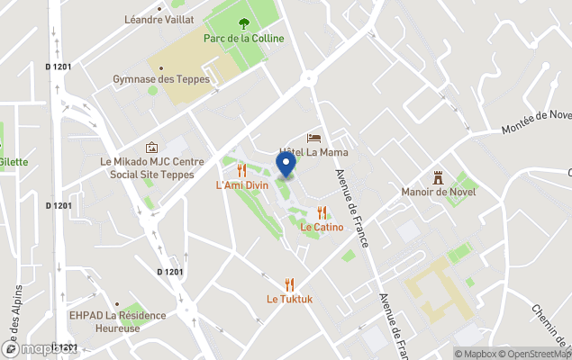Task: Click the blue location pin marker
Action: tap(286, 165)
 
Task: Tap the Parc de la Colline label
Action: tap(243, 39)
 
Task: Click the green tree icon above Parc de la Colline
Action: tap(243, 24)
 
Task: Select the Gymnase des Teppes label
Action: tap(160, 79)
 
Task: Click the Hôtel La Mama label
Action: tap(313, 152)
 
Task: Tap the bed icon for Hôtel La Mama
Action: tap(313, 138)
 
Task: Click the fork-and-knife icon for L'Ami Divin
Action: tap(241, 169)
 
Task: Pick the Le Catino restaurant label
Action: tap(322, 228)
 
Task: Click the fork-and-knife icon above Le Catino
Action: tap(322, 212)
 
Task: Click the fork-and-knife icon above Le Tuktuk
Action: tap(288, 283)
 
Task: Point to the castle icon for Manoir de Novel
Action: tap(439, 176)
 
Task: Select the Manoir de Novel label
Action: tap(439, 192)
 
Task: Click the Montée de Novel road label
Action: tap(538, 123)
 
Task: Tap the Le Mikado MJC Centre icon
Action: tap(150, 147)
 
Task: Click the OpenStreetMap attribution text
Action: tap(536, 354)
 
